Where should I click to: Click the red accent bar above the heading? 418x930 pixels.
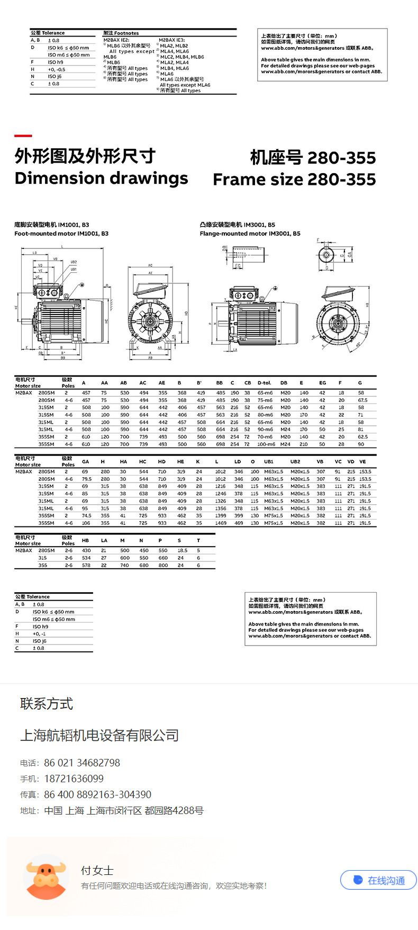coord(23,136)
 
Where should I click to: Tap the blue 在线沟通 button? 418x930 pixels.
coord(378,880)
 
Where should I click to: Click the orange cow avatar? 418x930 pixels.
coord(47,877)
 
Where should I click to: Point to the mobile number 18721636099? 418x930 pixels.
coord(74,779)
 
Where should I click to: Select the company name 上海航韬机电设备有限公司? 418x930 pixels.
coord(99,735)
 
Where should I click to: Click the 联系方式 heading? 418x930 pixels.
coord(47,704)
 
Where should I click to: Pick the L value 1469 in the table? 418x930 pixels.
coord(221,523)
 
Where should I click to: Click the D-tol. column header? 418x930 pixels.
coord(264,383)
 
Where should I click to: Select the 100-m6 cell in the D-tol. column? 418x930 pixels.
coord(265,444)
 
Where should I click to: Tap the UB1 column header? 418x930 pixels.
coord(269,462)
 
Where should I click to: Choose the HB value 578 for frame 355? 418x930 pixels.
coord(86,566)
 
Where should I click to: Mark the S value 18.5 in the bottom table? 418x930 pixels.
coord(182,551)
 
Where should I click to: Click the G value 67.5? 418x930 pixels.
coord(362,400)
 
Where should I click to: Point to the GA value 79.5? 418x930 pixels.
coord(86,479)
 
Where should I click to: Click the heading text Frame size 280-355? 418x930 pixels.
coord(294,180)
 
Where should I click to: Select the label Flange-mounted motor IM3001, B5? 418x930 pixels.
coord(250,234)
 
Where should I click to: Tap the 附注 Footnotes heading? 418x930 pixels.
coord(121,33)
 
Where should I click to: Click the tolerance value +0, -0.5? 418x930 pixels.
coord(57,69)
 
